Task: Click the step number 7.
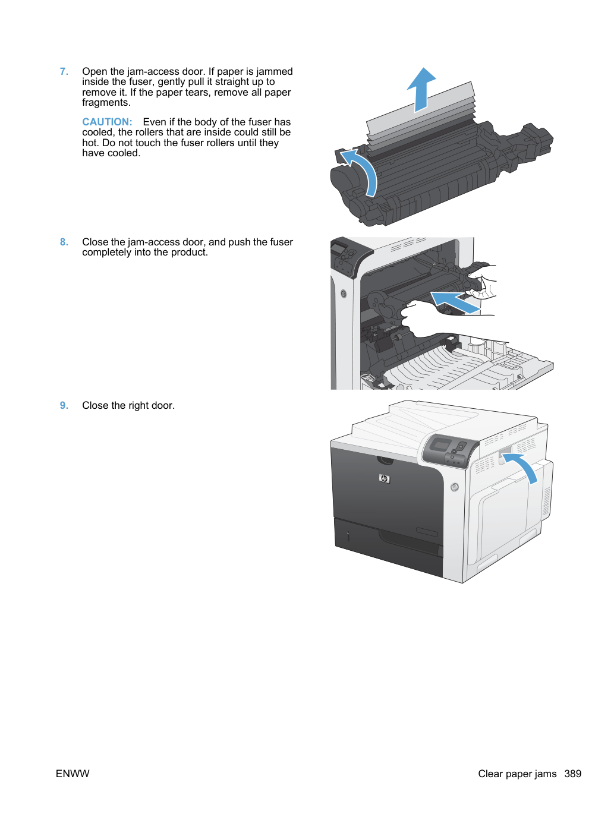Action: (64, 71)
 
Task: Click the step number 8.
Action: (64, 242)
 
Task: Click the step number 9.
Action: (64, 405)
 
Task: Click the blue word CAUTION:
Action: (107, 122)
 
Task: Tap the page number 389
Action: (572, 774)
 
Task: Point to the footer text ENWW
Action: (73, 774)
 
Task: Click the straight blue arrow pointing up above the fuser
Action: (421, 90)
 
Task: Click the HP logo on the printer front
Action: (384, 479)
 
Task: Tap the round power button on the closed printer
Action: (454, 487)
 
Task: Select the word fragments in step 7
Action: (106, 103)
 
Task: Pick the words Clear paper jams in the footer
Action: (517, 774)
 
